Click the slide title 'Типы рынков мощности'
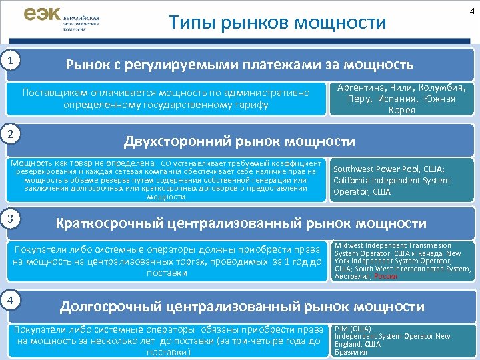[x=277, y=23]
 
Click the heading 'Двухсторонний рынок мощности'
[x=239, y=141]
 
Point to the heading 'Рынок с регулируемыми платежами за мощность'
[x=239, y=65]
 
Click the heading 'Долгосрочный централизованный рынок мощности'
[x=242, y=307]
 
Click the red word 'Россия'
[x=385, y=276]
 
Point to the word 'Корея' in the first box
[x=401, y=110]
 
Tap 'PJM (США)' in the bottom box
[x=353, y=328]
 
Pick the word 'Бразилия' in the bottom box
[x=350, y=353]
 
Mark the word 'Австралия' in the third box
[x=352, y=276]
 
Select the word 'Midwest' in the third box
[x=349, y=246]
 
